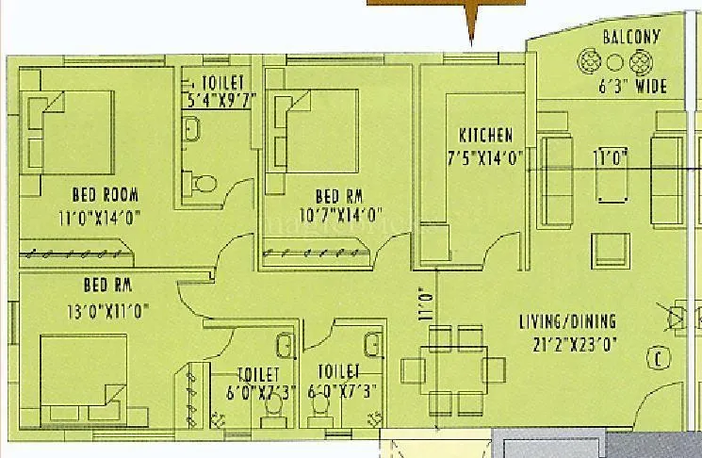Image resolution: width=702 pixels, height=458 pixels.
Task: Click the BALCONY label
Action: pos(631,38)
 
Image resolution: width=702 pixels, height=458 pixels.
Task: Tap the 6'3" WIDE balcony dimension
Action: pos(632,87)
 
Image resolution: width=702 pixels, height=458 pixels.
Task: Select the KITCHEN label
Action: pos(486,134)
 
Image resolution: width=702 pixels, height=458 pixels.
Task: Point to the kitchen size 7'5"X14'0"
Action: pos(485,157)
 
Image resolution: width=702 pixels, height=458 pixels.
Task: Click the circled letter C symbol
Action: pos(658,357)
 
